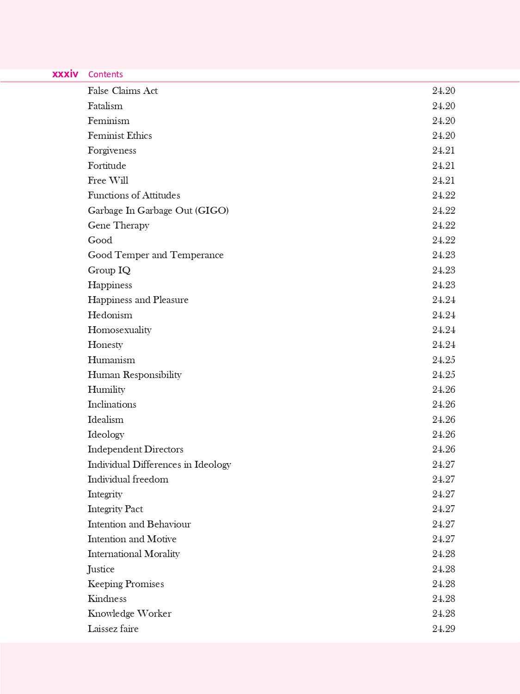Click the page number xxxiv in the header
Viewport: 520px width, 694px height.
click(x=65, y=74)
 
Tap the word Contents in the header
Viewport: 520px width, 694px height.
click(x=105, y=74)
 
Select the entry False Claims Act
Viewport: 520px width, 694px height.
click(x=122, y=91)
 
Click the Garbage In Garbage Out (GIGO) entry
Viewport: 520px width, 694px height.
click(x=158, y=211)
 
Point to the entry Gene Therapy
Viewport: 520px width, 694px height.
click(x=118, y=225)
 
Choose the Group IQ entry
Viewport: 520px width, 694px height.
click(x=109, y=270)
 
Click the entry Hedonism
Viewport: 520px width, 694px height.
click(x=110, y=315)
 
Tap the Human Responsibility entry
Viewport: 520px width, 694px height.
click(x=135, y=375)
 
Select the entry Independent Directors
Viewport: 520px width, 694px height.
click(x=135, y=449)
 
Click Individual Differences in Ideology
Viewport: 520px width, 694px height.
click(x=159, y=465)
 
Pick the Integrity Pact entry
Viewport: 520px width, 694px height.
click(x=115, y=509)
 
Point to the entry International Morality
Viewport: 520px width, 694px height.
click(x=134, y=554)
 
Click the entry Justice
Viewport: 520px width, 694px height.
click(x=101, y=569)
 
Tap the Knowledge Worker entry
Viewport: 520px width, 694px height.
click(x=129, y=613)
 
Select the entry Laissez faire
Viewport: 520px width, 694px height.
click(x=113, y=629)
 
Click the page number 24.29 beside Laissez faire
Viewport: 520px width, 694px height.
click(x=443, y=629)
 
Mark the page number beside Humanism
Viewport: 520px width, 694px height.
click(x=443, y=360)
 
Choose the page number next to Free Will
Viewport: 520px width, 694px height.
click(x=443, y=180)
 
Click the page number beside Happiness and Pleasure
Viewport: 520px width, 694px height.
click(x=443, y=300)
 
